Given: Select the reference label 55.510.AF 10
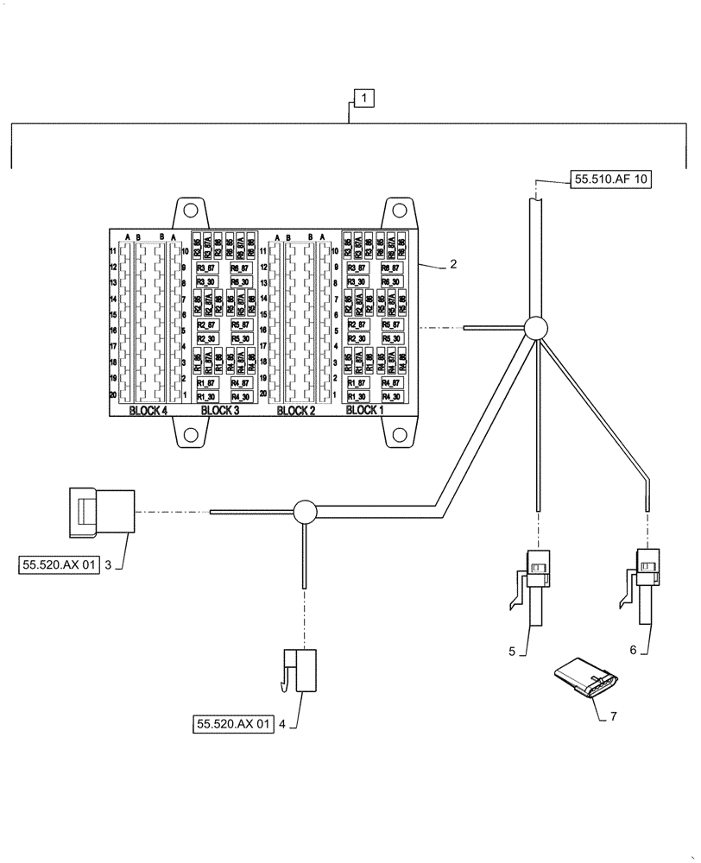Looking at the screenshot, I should click(x=611, y=180).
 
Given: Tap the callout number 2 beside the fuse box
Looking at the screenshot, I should click(x=452, y=266).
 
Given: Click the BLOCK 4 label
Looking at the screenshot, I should click(x=148, y=411).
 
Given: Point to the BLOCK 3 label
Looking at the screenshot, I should click(x=219, y=411).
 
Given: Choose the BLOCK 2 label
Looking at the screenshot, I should click(x=296, y=411).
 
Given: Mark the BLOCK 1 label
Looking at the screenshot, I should click(x=365, y=411).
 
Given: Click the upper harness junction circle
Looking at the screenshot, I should click(x=535, y=328).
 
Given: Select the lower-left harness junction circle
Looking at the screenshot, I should click(x=306, y=512).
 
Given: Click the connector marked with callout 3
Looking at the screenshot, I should click(x=101, y=511).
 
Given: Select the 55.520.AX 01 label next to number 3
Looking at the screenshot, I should click(x=58, y=565).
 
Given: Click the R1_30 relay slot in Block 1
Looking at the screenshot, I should click(x=357, y=396).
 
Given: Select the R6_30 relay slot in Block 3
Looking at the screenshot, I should click(x=241, y=281).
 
